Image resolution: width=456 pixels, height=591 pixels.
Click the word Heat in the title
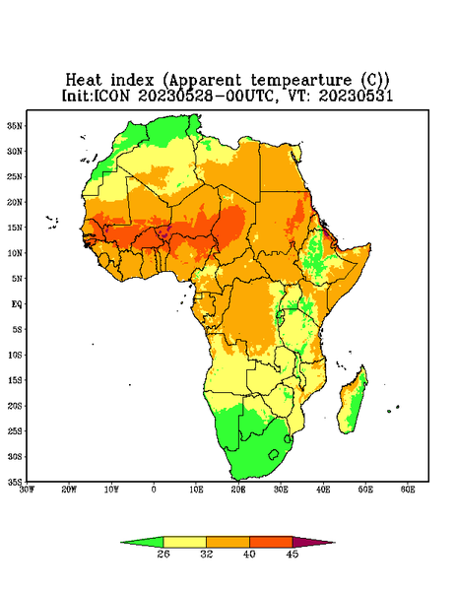pyautogui.click(x=84, y=80)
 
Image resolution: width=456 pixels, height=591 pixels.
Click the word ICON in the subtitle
pyautogui.click(x=111, y=96)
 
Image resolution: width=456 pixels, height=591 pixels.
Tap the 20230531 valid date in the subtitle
pyautogui.click(x=356, y=96)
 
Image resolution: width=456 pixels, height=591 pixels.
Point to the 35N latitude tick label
pyautogui.click(x=15, y=125)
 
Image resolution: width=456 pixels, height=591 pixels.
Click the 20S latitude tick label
pyautogui.click(x=15, y=406)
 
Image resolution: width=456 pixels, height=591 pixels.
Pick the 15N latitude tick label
pyautogui.click(x=15, y=228)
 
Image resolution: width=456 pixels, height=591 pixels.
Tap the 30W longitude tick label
pyautogui.click(x=27, y=490)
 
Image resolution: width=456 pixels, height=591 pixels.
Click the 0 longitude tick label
pyautogui.click(x=154, y=490)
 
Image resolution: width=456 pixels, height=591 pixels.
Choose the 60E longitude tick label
pyautogui.click(x=408, y=490)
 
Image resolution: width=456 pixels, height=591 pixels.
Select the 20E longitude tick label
pyautogui.click(x=238, y=490)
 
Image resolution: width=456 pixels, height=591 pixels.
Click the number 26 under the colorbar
pyautogui.click(x=163, y=554)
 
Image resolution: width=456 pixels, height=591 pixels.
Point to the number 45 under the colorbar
pyautogui.click(x=293, y=554)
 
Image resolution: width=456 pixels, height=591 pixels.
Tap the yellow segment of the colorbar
pyautogui.click(x=184, y=542)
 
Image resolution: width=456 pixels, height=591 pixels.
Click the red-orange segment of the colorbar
pyautogui.click(x=271, y=542)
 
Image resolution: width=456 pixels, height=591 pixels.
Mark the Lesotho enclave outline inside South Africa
pyautogui.click(x=273, y=454)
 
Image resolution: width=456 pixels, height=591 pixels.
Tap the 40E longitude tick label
pyautogui.click(x=323, y=490)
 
